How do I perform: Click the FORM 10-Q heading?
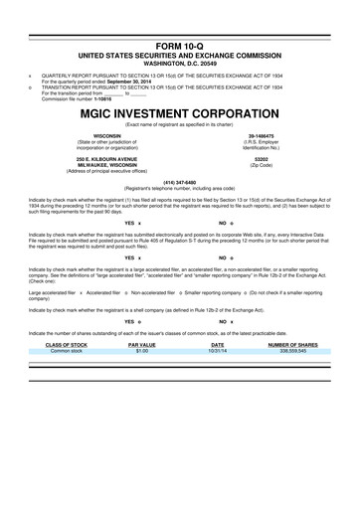click(179, 47)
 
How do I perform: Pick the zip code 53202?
click(262, 157)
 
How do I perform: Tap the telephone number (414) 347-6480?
click(179, 181)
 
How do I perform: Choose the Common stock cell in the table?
click(67, 351)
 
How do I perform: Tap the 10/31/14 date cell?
click(217, 351)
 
